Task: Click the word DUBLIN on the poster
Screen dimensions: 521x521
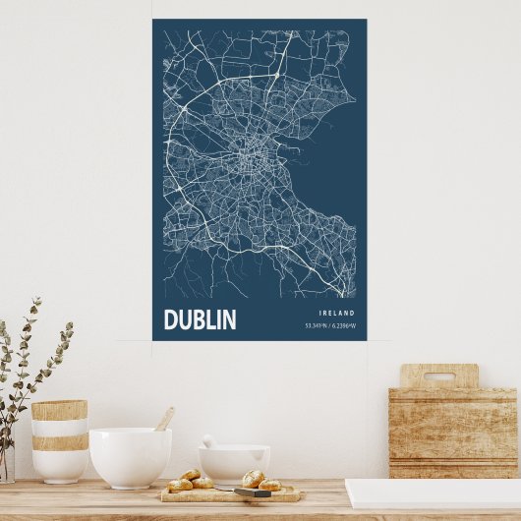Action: click(x=200, y=319)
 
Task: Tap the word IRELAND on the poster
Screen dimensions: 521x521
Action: click(x=336, y=313)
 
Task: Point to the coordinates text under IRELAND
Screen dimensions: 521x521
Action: click(x=330, y=325)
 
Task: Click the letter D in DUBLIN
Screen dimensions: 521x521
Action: click(x=170, y=319)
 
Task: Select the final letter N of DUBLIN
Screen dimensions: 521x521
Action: click(x=229, y=319)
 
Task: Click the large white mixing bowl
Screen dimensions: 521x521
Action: click(x=130, y=456)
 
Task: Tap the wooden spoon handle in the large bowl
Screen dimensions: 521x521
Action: click(x=164, y=419)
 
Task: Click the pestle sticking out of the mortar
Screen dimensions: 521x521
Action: click(x=209, y=441)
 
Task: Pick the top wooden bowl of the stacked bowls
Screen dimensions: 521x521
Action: click(x=59, y=410)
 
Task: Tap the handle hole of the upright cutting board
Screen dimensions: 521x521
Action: click(x=438, y=376)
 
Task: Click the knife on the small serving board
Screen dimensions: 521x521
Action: click(x=254, y=491)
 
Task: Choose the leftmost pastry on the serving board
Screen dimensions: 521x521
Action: click(x=179, y=485)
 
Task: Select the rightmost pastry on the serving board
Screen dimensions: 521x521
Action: click(x=269, y=485)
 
